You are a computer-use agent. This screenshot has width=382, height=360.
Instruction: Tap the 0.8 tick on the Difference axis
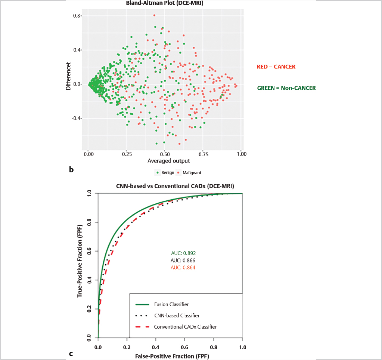(77, 16)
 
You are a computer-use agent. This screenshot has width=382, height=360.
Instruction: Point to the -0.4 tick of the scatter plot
(75, 119)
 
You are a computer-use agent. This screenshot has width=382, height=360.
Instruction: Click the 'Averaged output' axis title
(168, 161)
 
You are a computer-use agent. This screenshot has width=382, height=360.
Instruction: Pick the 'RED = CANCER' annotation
(276, 67)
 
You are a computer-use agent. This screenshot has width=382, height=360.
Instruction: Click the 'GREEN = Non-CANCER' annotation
(286, 88)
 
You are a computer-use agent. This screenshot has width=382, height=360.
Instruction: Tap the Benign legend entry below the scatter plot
(165, 173)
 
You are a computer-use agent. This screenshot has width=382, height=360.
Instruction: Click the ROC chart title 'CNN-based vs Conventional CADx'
(170, 186)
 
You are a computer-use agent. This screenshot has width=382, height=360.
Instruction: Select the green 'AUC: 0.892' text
(183, 253)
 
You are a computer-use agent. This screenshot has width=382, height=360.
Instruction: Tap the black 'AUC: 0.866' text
(183, 260)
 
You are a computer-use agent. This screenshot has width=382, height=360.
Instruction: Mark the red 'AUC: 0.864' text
(183, 267)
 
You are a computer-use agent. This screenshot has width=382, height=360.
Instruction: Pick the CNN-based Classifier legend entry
(177, 316)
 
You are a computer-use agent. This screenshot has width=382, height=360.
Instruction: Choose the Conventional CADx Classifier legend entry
(185, 327)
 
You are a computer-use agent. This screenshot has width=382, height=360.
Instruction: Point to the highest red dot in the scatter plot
(154, 15)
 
